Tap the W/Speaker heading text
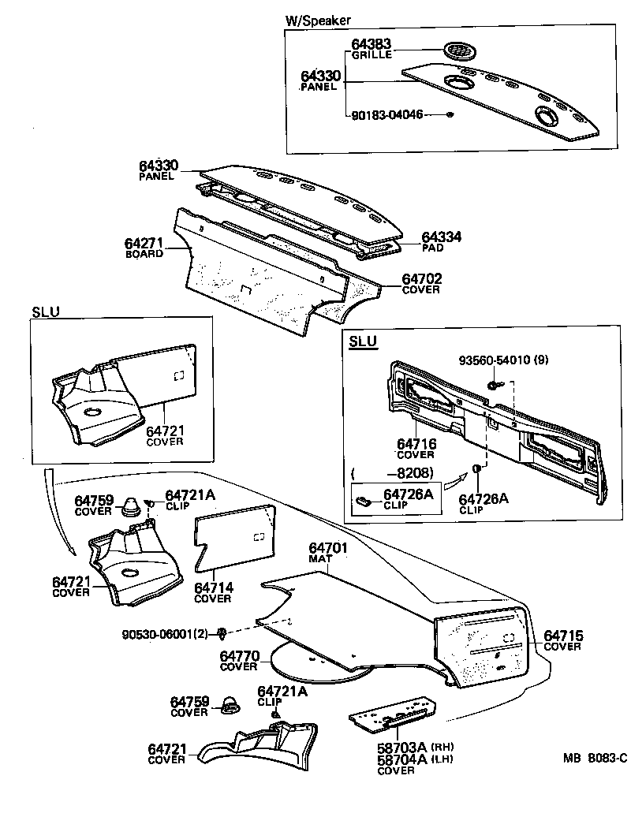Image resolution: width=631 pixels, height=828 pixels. [x=317, y=21]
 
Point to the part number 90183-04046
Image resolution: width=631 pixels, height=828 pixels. [x=387, y=114]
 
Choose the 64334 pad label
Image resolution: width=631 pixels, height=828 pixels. [x=442, y=237]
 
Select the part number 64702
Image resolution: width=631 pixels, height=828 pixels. [x=422, y=279]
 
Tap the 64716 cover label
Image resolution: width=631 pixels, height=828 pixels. [x=416, y=444]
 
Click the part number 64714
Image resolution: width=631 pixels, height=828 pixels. [x=213, y=587]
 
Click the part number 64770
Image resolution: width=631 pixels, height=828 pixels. [x=239, y=656]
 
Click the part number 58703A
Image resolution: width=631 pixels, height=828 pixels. [x=401, y=747]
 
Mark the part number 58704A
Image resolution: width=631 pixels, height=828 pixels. [x=401, y=759]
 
